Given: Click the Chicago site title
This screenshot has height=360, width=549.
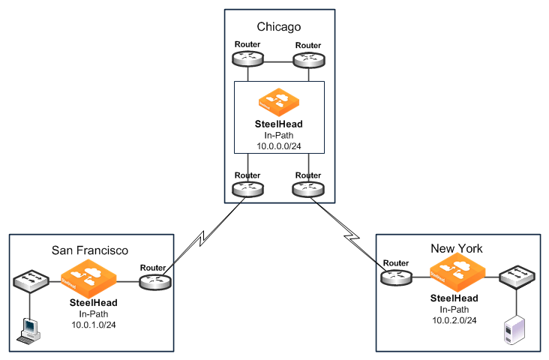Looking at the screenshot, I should (x=279, y=27).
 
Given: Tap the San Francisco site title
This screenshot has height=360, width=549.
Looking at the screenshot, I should (x=91, y=250).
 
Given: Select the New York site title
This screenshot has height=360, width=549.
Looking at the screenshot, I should (x=457, y=248).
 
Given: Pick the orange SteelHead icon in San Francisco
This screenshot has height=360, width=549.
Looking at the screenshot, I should (x=89, y=280).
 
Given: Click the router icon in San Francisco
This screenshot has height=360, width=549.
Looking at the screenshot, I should (x=154, y=281).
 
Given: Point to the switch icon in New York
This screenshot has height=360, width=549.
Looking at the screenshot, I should (x=518, y=275).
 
